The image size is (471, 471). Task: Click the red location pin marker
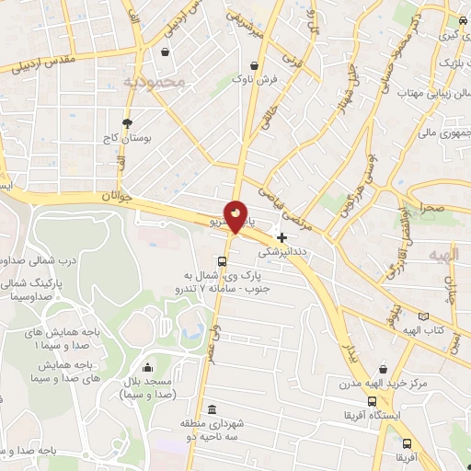(x=236, y=215)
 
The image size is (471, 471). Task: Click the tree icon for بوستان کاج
(x=127, y=121)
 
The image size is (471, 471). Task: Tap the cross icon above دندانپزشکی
(x=281, y=236)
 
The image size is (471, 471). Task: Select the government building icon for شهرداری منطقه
(x=213, y=409)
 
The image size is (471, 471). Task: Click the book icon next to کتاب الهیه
(x=422, y=316)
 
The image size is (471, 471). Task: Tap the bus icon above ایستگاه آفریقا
(x=372, y=402)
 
